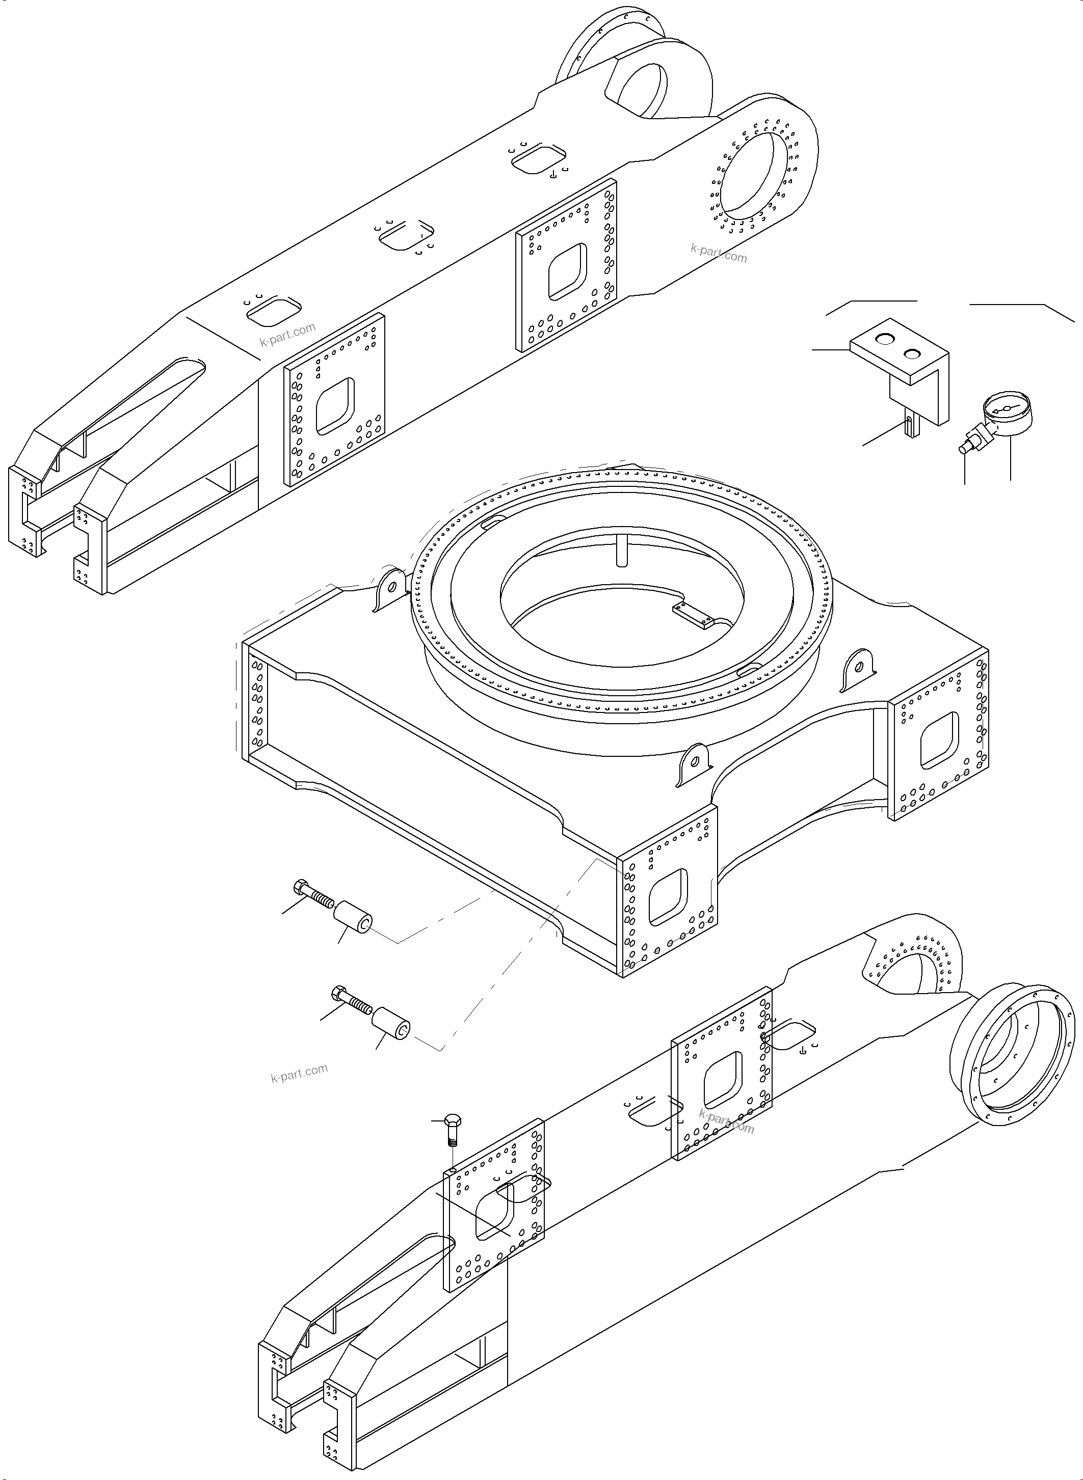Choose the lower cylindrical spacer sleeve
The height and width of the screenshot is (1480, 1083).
(391, 1029)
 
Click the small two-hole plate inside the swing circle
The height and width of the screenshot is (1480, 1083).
(693, 615)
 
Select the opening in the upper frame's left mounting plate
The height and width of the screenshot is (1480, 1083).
(335, 406)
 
